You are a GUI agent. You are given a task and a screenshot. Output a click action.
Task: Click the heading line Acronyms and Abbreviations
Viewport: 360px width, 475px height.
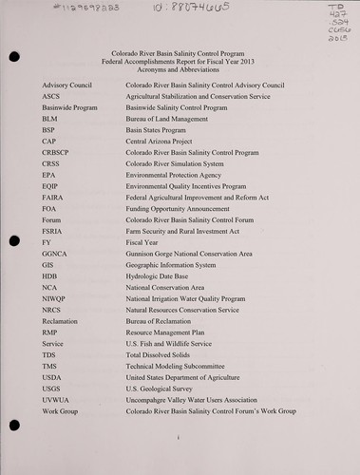click(x=179, y=69)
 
